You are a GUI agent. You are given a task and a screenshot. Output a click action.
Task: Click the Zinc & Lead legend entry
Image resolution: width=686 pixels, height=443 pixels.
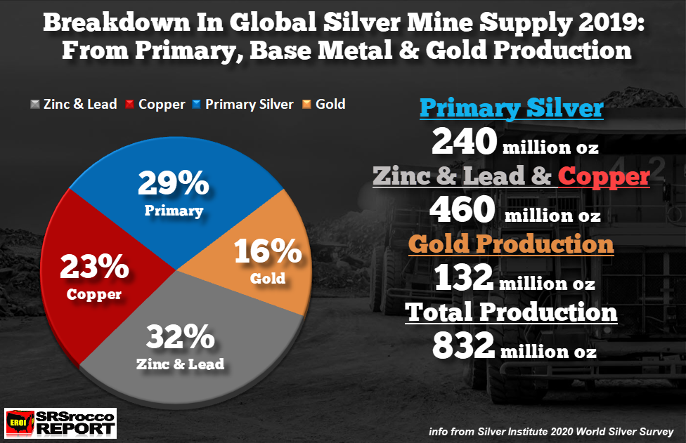point(74,105)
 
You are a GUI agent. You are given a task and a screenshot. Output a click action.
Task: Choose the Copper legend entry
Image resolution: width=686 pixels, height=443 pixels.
point(155,105)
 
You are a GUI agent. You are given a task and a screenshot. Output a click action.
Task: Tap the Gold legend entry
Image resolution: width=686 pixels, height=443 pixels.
point(324,105)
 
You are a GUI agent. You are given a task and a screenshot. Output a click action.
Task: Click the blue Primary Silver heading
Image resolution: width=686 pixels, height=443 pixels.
point(511,109)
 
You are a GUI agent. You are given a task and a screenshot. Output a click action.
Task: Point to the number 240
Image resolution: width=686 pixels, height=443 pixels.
point(464,143)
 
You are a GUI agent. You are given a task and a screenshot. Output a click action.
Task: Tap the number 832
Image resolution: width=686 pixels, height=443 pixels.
point(463,345)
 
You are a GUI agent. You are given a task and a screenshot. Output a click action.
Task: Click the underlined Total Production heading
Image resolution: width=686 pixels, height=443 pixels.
point(512,312)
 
